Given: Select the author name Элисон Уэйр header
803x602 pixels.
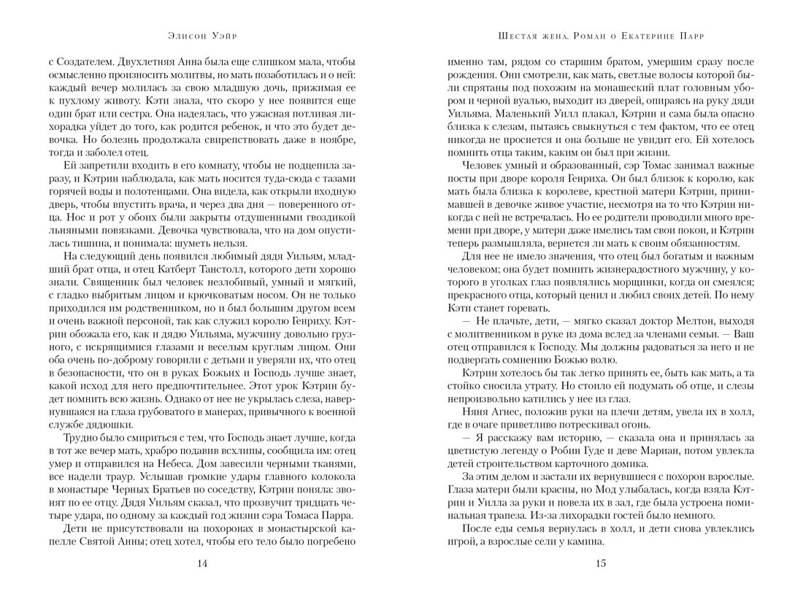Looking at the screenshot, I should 202,35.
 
